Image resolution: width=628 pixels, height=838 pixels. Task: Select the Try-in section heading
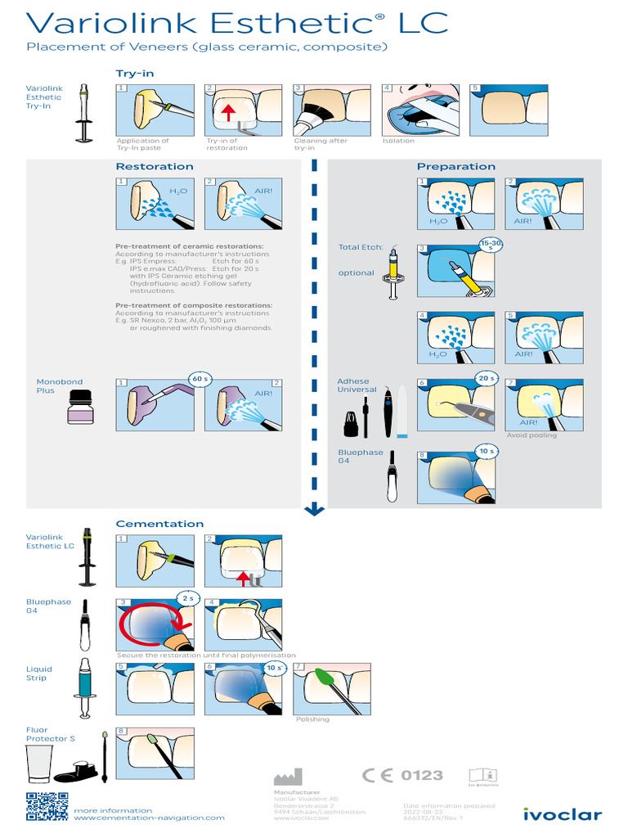134,74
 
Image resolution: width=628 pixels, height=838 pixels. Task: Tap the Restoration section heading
155,166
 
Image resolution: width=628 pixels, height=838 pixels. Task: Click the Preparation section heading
455,166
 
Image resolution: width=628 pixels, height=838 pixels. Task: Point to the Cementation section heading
159,524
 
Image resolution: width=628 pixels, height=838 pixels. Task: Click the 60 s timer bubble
200,379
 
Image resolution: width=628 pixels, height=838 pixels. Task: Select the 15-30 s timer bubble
491,245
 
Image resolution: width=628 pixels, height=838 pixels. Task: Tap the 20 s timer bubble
487,378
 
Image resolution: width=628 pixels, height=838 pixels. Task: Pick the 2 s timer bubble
189,598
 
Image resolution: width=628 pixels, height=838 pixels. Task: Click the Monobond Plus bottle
81,408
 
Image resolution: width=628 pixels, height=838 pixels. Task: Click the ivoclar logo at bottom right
563,813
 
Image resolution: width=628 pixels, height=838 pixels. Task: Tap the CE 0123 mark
402,775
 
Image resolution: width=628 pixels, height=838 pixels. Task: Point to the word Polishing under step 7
312,719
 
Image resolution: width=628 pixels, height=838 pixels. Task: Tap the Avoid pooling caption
532,435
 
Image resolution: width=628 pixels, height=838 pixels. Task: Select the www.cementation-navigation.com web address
149,818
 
